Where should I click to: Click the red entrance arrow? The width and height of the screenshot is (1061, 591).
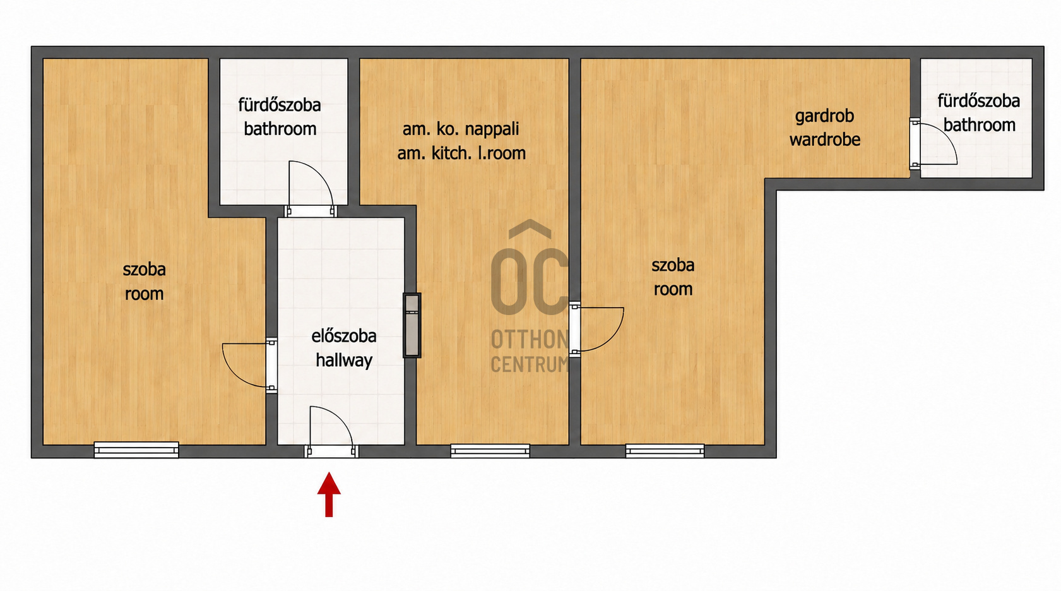329,494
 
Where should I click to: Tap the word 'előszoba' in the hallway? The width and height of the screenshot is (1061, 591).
344,336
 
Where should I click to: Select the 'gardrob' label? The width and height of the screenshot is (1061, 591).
824,116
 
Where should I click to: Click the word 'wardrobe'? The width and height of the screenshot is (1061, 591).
825,140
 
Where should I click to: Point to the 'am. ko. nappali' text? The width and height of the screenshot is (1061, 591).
460,129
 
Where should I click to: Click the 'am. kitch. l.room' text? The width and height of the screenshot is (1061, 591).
461,153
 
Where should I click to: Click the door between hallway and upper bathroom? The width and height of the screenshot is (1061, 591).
311,189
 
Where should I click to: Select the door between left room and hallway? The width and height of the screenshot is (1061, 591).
249,366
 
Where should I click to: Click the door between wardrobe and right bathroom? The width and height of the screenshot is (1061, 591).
933,143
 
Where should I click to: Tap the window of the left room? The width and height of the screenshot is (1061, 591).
136,450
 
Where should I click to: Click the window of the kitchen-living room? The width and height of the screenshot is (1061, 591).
490,451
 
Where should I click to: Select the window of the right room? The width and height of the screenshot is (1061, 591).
665,451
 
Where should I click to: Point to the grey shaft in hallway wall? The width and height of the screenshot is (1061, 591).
412,325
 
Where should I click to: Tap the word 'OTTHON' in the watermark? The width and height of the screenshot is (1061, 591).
530,339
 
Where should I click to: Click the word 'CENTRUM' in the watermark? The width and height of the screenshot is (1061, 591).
530,364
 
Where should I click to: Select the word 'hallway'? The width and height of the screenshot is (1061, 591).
344,361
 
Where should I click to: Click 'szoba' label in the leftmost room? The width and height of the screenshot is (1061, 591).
144,270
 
